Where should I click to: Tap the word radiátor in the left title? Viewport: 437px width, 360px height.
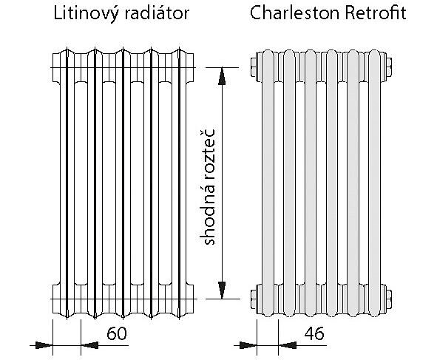tap(157, 13)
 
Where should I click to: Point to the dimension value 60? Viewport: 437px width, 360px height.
tap(117, 333)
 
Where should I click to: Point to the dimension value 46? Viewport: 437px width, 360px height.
tap(314, 333)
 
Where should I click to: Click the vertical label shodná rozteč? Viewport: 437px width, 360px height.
tap(209, 187)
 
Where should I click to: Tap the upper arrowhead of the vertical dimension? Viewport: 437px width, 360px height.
tap(222, 76)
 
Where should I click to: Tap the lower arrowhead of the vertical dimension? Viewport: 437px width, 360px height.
tap(222, 290)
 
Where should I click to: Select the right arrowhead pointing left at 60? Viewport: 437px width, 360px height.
tap(89, 345)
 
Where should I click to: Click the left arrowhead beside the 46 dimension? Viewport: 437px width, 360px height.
tap(248, 345)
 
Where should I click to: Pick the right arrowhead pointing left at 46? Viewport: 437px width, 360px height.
tap(288, 345)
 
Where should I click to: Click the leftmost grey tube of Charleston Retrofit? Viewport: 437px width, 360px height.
tap(268, 183)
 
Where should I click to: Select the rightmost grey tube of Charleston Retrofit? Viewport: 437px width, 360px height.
tap(374, 183)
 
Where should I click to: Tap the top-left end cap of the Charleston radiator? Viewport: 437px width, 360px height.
tap(254, 67)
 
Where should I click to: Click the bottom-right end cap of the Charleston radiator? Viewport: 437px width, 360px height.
tap(389, 299)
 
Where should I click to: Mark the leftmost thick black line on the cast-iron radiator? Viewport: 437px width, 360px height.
tap(67, 183)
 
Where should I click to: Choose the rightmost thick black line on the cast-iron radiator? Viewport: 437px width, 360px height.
tap(179, 183)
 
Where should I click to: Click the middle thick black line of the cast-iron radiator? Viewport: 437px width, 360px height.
tap(123, 183)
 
